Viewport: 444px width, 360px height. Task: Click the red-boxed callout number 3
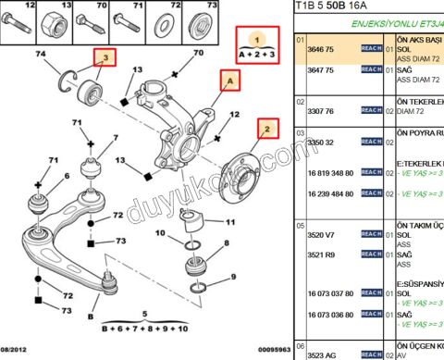pyautogui.click(x=106, y=58)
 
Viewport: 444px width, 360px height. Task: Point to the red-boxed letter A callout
pyautogui.click(x=227, y=81)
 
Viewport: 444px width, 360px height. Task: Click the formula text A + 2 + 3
pyautogui.click(x=259, y=55)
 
